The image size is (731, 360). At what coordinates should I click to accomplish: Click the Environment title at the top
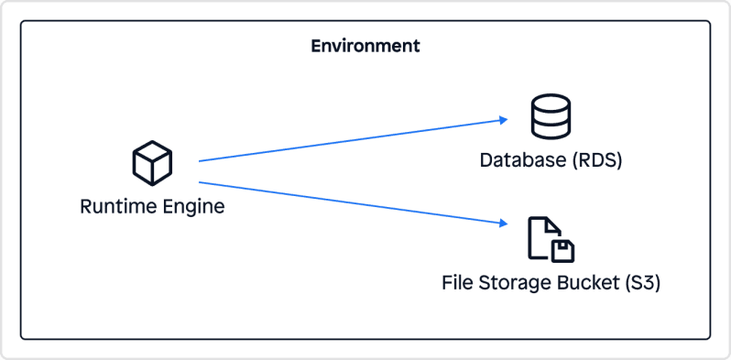click(x=365, y=46)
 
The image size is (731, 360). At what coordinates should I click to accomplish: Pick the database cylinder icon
click(x=551, y=116)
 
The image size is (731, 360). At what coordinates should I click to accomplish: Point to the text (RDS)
click(x=596, y=161)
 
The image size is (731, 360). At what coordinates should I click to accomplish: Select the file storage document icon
click(x=551, y=239)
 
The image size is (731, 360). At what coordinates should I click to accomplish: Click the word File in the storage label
click(x=457, y=283)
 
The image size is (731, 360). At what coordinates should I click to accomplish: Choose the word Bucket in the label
click(x=586, y=283)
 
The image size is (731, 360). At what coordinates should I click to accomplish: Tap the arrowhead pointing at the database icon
click(x=503, y=119)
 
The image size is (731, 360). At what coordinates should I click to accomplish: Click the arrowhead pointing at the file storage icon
click(x=503, y=223)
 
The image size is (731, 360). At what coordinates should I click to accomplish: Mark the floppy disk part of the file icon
click(x=562, y=250)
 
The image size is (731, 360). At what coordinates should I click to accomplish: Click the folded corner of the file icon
click(x=553, y=224)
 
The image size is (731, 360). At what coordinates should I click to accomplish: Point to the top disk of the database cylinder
click(x=551, y=103)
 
